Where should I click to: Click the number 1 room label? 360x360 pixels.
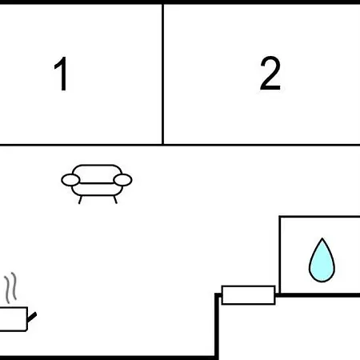point(61,74)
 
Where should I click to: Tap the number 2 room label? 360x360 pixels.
point(270,73)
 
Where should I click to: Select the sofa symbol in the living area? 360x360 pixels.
point(97,184)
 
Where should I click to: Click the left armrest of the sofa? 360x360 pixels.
point(70,180)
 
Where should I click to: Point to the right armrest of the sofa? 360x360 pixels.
point(122,180)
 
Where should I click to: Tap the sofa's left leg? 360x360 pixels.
point(80,200)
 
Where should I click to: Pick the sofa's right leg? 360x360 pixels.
point(115,200)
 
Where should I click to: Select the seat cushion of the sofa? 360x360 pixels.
point(97,190)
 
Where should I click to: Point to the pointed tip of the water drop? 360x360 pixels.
point(322,238)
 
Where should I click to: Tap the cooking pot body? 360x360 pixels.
point(14,319)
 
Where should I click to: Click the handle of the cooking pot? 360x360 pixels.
point(32,317)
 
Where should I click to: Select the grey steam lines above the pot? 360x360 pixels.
point(10,288)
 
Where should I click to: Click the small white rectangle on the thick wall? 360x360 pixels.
point(248,295)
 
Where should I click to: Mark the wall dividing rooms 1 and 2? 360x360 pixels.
point(162,74)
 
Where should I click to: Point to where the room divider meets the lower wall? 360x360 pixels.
point(162,145)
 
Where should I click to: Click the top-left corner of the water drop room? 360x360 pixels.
point(280,217)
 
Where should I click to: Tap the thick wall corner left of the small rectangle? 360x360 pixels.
point(217,295)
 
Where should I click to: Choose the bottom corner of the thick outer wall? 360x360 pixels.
point(217,358)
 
